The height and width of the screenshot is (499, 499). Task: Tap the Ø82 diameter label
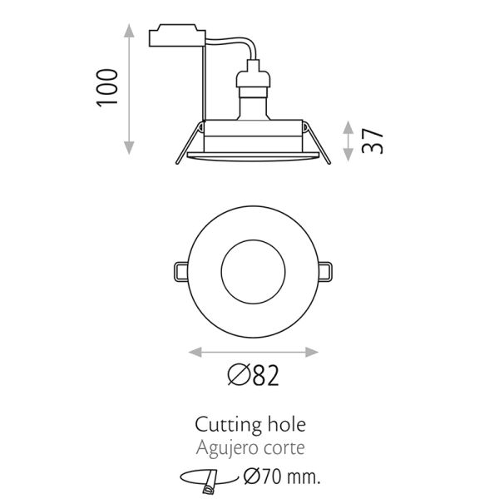[251, 378]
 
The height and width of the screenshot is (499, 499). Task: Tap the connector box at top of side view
[175, 37]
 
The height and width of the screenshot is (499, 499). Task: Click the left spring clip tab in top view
[180, 270]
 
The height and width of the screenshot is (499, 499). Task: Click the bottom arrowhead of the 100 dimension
[129, 149]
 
